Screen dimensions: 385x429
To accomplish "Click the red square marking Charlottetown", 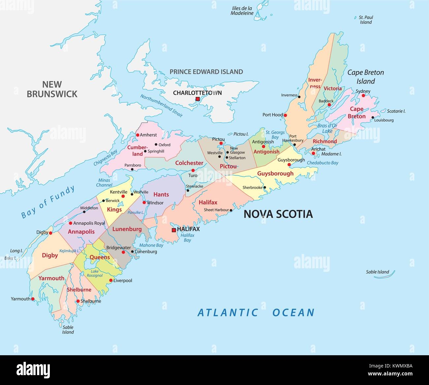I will point(197,99).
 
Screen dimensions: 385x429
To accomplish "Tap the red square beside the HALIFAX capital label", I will point(174,230).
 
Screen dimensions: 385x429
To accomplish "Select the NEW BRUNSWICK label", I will point(52,89).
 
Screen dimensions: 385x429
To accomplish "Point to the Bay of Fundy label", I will point(48,202).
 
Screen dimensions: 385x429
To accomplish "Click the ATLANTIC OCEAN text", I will point(256,312).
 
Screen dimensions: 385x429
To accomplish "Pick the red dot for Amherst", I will point(138,135).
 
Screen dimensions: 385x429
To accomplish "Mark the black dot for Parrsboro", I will point(132,169).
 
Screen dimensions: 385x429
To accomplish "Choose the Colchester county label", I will point(189,163).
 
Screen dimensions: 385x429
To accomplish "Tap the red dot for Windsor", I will point(144,202).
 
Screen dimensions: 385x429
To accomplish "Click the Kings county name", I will point(114,209).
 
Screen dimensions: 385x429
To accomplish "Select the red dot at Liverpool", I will point(111,280).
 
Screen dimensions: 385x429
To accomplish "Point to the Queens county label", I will point(100,257).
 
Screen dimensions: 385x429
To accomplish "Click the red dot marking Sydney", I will point(363,96).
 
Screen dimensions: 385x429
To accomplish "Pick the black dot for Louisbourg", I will point(373,117).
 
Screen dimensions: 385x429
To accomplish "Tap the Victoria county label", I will point(333,88).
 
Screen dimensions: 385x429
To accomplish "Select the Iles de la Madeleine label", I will point(242,11).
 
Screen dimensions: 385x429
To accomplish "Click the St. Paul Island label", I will point(366,20).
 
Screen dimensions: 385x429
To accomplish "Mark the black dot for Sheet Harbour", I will point(231,210).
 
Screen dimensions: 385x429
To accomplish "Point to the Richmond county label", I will point(325,141).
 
